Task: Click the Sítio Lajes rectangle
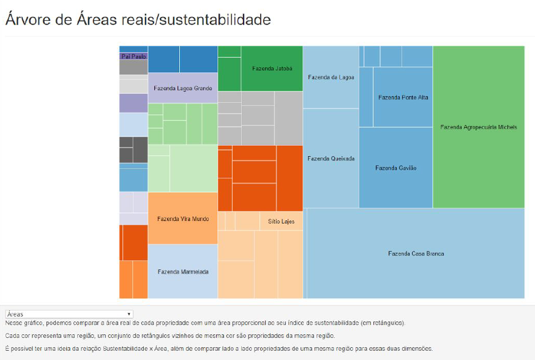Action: point(282,221)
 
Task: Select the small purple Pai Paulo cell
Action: point(133,56)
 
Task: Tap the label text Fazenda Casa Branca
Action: point(416,253)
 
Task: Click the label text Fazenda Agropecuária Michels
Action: point(478,127)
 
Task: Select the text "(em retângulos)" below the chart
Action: point(382,323)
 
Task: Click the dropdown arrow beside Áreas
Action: point(129,314)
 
